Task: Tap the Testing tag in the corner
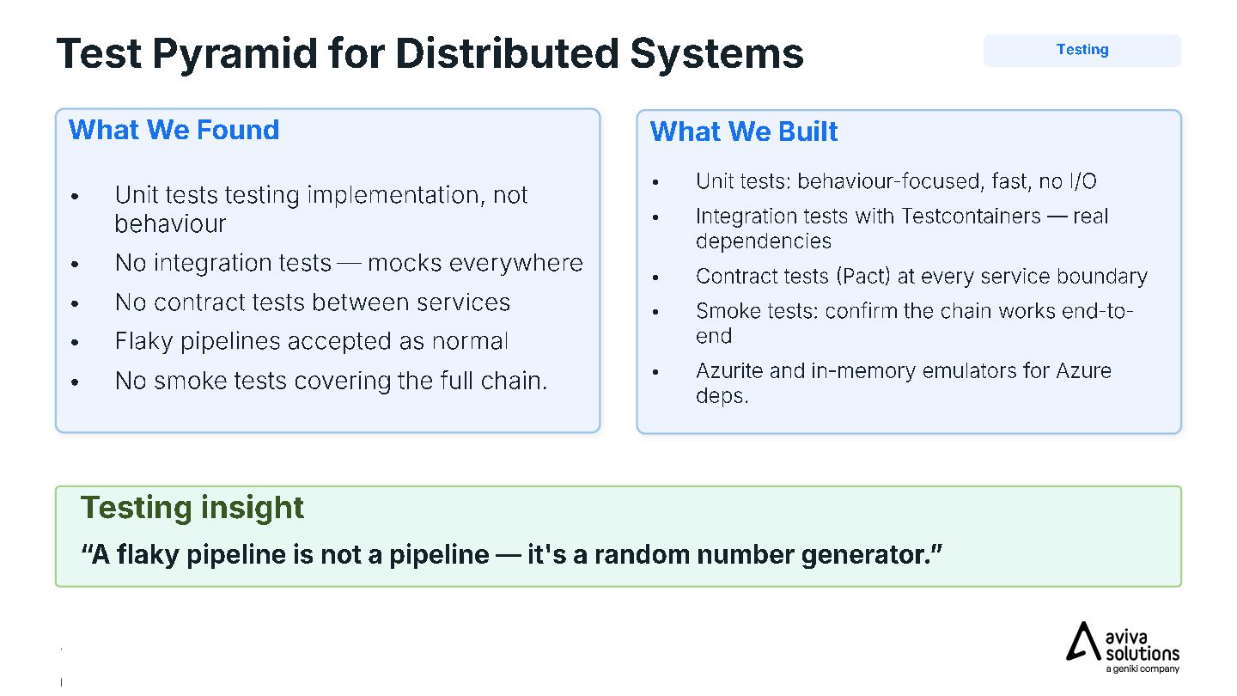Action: coord(1082,50)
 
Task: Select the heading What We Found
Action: coord(174,130)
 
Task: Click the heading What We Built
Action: coord(743,131)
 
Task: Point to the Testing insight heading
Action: coord(192,508)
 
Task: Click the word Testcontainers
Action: coord(971,216)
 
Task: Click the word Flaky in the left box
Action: coord(144,341)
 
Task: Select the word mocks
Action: coord(405,263)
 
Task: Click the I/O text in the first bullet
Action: coord(1082,181)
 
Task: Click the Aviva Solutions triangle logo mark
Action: coord(1083,641)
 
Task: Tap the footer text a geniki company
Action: coord(1142,669)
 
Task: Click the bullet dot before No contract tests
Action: coord(75,303)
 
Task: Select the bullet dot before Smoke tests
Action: coord(655,312)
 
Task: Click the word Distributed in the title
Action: coord(507,54)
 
